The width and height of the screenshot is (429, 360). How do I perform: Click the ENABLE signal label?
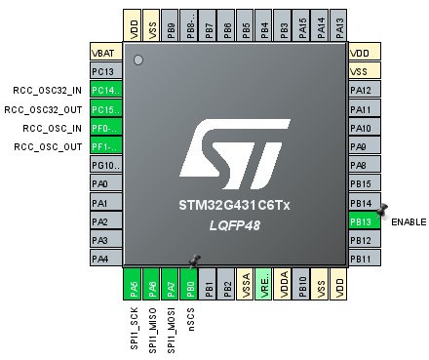tap(408, 222)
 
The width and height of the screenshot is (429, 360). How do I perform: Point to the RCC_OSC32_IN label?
tap(46, 91)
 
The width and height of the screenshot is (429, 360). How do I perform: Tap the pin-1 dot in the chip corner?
tap(138, 60)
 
